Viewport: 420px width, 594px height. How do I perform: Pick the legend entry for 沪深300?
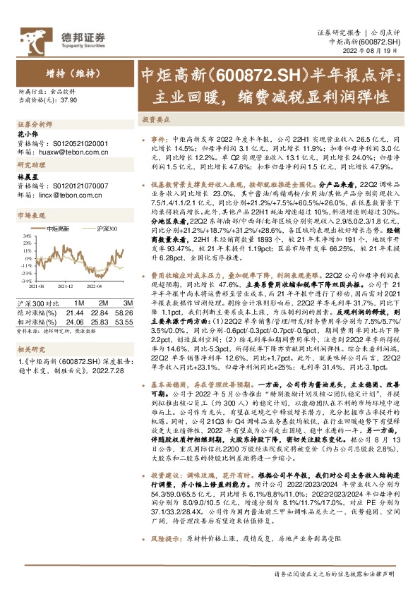coord(107,228)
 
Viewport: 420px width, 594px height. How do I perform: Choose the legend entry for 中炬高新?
coord(58,228)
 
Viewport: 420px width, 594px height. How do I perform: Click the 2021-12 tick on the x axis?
coord(65,284)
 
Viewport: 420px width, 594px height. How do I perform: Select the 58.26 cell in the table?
coord(116,311)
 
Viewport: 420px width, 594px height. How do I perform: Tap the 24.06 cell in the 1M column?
coord(74,320)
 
